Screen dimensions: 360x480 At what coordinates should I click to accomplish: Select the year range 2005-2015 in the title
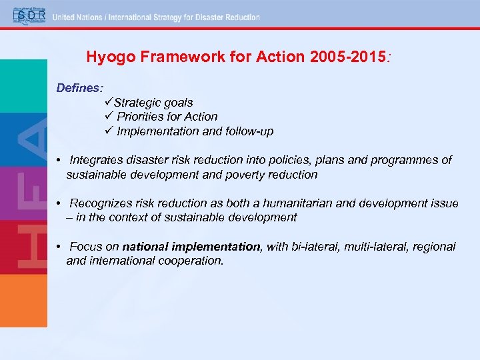tap(348, 57)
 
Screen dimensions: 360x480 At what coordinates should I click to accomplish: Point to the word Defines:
tap(79, 87)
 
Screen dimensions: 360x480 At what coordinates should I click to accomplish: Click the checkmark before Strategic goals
tap(109, 102)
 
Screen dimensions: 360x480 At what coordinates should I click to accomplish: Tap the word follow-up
tap(249, 131)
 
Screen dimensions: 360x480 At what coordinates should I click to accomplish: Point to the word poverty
tap(247, 175)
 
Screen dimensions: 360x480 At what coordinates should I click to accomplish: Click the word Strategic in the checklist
tap(135, 102)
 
